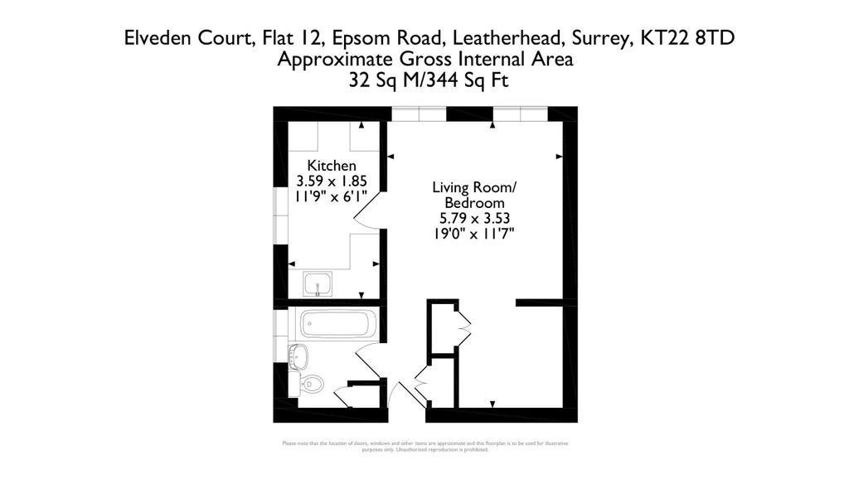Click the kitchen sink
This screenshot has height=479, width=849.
click(318, 285)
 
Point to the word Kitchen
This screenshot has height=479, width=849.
click(332, 165)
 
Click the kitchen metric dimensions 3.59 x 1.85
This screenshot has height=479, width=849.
click(332, 181)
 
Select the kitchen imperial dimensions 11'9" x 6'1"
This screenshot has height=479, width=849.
click(332, 196)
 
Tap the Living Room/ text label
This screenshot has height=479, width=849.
click(473, 187)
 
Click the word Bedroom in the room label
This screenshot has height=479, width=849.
click(473, 203)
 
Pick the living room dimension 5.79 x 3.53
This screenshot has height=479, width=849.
click(473, 219)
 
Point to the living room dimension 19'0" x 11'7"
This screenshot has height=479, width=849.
click(473, 235)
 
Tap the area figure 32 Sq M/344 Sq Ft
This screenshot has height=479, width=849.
click(425, 81)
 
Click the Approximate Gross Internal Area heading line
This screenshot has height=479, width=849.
click(425, 60)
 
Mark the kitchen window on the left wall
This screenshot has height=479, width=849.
click(277, 215)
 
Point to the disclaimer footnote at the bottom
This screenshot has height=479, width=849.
click(425, 447)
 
